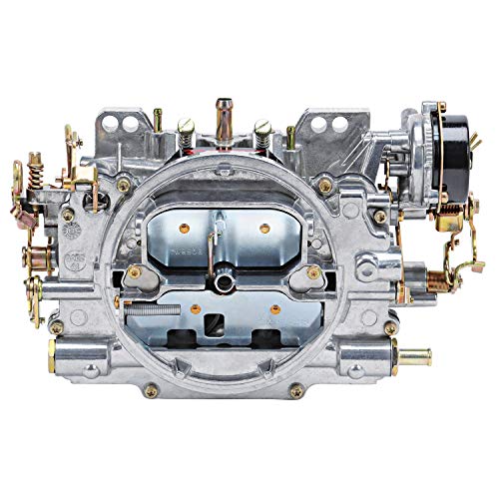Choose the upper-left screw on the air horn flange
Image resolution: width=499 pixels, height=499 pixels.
click(124, 185)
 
